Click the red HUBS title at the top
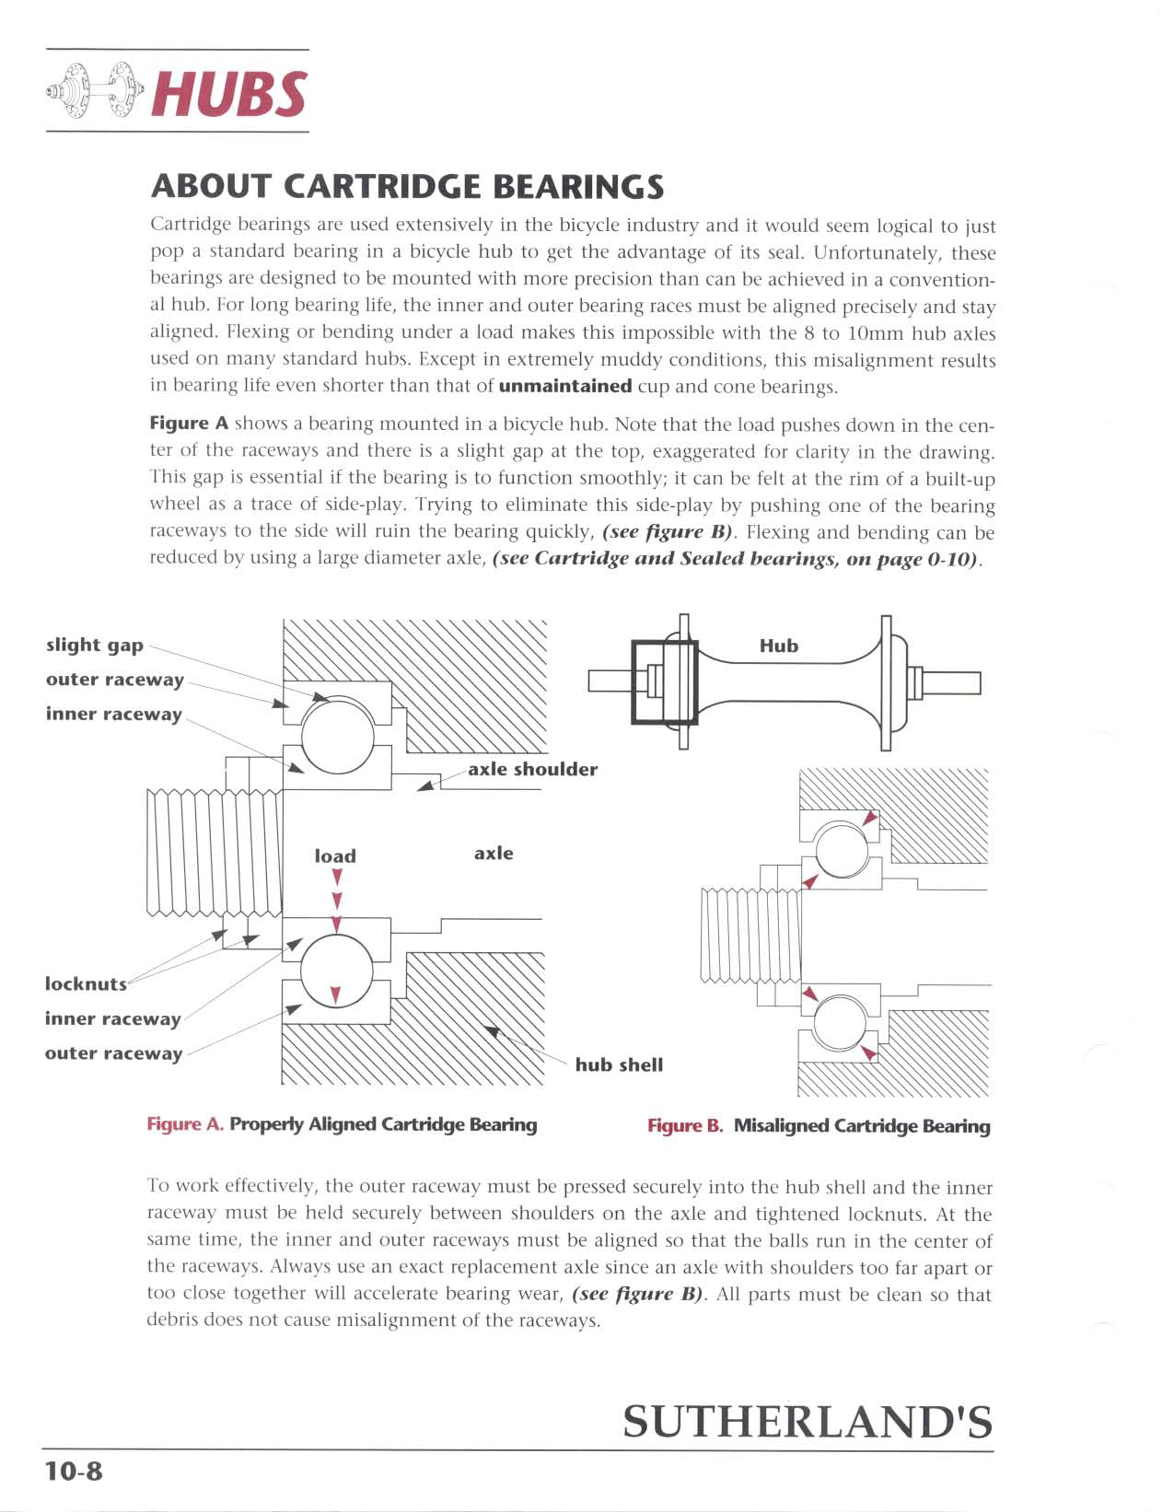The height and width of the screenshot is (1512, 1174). [x=229, y=93]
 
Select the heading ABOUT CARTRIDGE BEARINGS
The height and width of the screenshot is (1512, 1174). [x=407, y=187]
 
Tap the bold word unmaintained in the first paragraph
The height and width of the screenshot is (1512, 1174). [x=564, y=386]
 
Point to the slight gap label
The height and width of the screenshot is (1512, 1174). [x=95, y=645]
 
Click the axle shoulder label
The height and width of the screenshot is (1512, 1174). [x=532, y=769]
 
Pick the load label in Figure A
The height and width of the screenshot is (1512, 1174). [x=335, y=855]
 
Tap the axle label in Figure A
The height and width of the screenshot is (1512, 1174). [x=494, y=853]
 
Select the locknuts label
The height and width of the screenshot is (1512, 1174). [x=86, y=983]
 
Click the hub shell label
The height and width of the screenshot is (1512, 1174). [x=619, y=1064]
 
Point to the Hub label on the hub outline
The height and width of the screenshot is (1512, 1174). [x=778, y=646]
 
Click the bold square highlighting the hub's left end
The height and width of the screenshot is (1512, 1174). [x=664, y=682]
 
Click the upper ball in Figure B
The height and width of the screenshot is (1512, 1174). [x=840, y=850]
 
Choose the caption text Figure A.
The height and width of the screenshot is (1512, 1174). [x=185, y=1124]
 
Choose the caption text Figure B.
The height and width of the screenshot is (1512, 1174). [x=685, y=1126]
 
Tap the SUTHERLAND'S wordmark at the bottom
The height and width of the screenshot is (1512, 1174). [x=808, y=1421]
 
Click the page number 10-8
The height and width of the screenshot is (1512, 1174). [x=75, y=1471]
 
